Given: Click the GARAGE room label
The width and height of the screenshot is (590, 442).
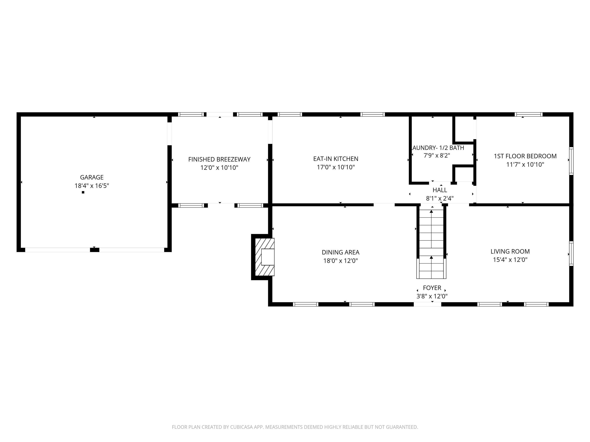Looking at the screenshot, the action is click(92, 177).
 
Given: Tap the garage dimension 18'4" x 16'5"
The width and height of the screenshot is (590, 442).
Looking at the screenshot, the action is click(92, 186).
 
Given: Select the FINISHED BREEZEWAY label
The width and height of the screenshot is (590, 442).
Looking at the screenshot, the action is click(219, 159).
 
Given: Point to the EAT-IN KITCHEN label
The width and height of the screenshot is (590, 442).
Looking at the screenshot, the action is click(336, 159).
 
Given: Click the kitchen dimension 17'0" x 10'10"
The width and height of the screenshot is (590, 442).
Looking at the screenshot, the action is click(336, 167).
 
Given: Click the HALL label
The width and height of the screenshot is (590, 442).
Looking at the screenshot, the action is click(440, 190).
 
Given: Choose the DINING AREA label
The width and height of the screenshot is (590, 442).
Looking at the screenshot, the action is click(341, 252).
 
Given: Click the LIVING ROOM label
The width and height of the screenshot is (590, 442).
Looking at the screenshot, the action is click(510, 251).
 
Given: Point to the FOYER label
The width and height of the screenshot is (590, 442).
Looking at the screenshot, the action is click(432, 288).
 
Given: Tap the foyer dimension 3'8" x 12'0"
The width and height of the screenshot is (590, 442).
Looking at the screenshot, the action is click(432, 296).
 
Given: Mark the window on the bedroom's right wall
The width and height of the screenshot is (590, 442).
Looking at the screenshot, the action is click(571, 161).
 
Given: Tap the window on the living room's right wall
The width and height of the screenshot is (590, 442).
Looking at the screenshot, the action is click(571, 253).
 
